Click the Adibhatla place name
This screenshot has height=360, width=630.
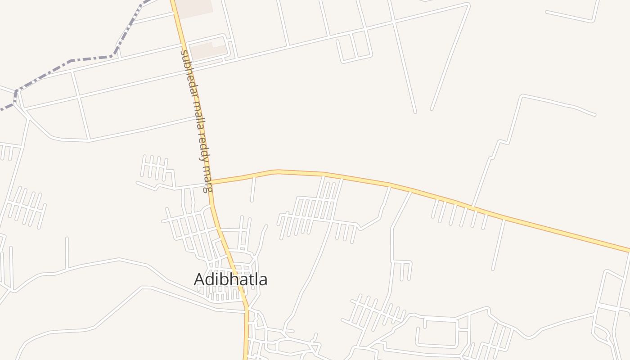pos(230,279)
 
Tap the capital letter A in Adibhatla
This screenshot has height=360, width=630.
pos(199,279)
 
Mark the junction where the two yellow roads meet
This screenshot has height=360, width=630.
pos(211,183)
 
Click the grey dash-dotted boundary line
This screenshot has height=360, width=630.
pos(90,58)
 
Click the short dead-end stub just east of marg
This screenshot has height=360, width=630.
pos(253,189)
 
